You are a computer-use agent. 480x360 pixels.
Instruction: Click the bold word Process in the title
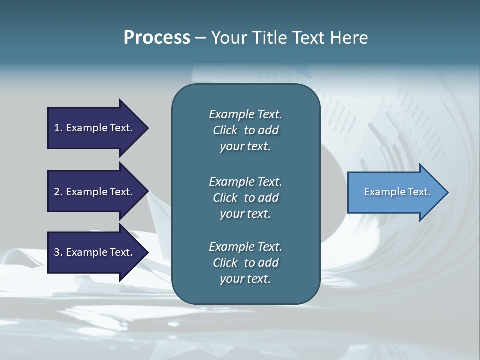157,38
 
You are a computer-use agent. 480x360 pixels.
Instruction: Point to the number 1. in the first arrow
58,128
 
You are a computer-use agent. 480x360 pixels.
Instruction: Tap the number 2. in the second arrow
58,192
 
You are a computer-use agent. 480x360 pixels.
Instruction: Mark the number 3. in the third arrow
58,252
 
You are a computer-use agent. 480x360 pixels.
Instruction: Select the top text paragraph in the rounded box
245,130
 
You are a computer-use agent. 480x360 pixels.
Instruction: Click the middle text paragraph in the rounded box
245,198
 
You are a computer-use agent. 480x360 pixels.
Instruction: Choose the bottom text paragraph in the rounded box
245,263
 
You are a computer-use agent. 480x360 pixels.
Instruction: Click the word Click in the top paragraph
225,130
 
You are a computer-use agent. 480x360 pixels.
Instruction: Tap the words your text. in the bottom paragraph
245,279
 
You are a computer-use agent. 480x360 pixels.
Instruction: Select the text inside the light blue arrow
397,192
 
